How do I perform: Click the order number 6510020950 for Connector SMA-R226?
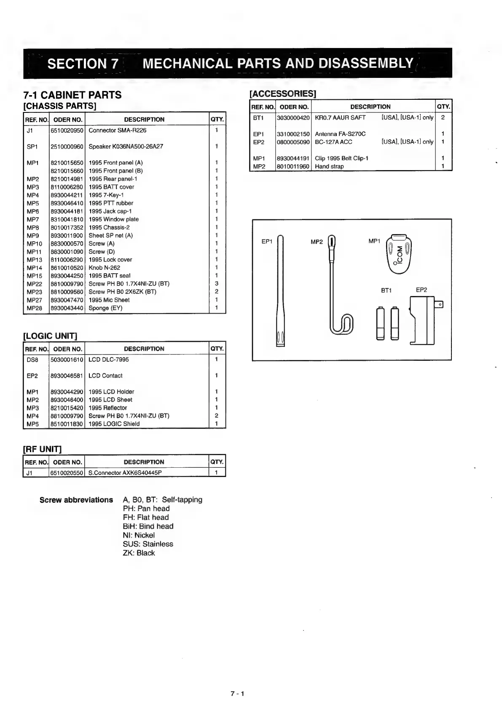67,131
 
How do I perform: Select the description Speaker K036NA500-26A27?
126,147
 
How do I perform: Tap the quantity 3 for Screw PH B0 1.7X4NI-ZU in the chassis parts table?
217,284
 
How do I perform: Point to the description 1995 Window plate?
113,219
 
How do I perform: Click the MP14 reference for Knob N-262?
35,268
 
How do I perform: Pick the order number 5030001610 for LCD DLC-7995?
67,360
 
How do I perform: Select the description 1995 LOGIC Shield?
114,424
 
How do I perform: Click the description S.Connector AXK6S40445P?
125,473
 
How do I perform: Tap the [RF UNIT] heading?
42,449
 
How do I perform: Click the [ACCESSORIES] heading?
283,93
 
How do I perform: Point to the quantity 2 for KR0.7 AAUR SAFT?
443,117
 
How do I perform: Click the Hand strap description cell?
329,166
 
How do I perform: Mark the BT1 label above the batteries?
386,290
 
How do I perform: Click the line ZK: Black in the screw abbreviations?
139,553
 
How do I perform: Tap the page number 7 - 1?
237,694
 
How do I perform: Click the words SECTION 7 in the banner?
83,64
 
